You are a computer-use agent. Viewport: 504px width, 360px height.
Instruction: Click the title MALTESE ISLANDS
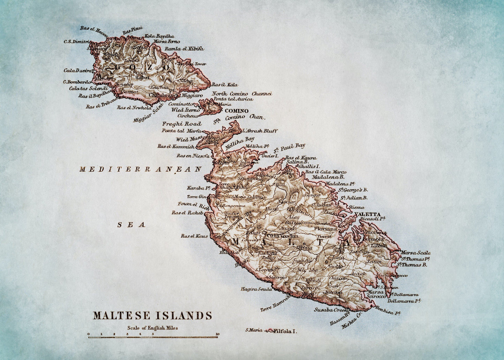[x=152, y=315]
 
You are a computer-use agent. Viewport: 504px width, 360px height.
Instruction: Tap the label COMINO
[x=236, y=111]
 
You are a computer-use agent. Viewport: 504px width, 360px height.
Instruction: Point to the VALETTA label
[x=367, y=214]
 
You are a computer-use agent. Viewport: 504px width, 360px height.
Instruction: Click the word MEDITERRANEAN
[x=141, y=170]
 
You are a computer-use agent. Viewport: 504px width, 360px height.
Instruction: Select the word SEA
[x=131, y=225]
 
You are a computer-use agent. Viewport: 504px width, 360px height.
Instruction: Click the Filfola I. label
[x=285, y=331]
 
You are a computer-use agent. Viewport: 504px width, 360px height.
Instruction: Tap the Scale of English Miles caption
[x=152, y=328]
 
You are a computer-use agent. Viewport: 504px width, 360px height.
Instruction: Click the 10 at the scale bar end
[x=217, y=334]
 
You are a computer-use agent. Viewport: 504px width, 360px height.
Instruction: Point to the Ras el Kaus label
[x=194, y=236]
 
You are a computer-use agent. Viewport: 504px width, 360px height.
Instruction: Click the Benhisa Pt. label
[x=388, y=310]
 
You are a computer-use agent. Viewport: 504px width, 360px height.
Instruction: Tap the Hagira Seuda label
[x=256, y=289]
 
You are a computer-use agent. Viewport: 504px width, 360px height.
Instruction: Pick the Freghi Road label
[x=182, y=124]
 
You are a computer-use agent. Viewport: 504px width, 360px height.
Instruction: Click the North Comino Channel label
[x=242, y=93]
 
